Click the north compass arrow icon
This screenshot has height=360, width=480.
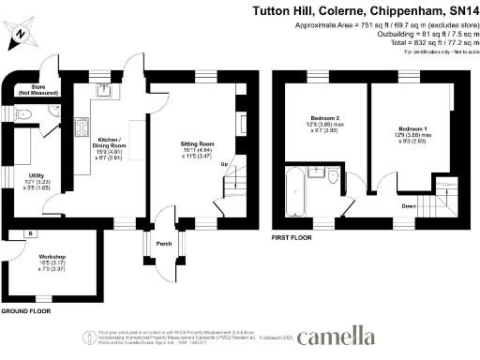tap(20, 37)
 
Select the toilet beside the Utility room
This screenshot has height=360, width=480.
tap(25, 113)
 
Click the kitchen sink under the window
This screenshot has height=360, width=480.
tap(105, 91)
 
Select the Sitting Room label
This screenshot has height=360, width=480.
tap(197, 149)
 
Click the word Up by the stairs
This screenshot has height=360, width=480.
tap(223, 166)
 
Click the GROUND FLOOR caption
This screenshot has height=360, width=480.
tap(25, 309)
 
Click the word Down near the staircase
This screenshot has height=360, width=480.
tap(409, 204)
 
